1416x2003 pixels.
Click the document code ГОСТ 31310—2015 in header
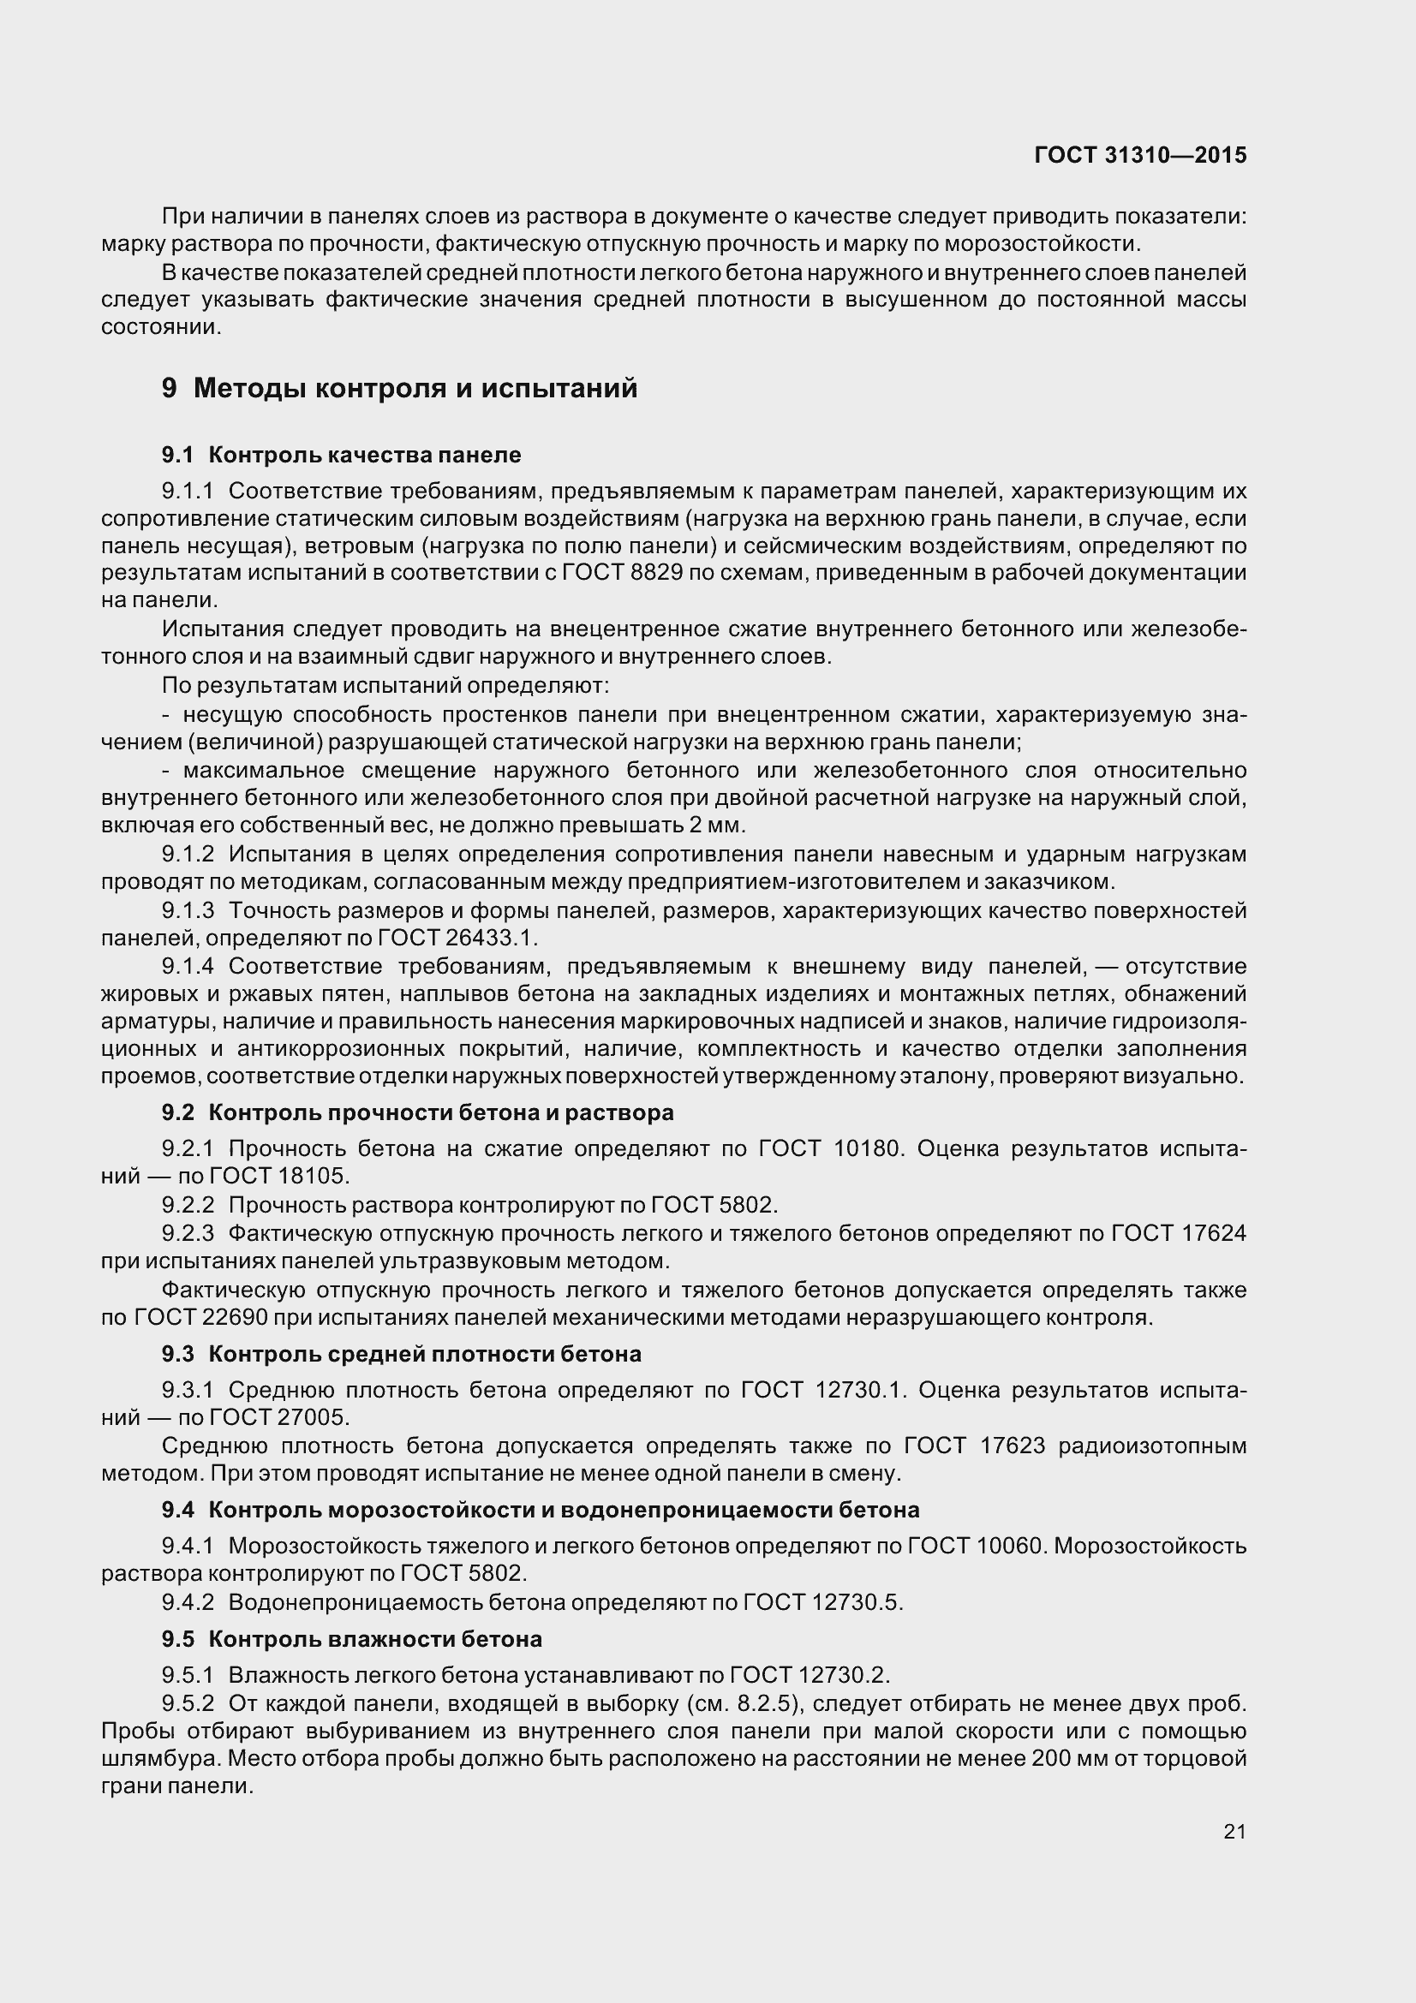point(1139,155)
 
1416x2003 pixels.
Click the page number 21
point(1234,1831)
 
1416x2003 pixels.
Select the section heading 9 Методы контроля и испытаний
point(399,388)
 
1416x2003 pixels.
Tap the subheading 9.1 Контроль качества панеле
point(341,455)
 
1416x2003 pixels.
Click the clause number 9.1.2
point(188,854)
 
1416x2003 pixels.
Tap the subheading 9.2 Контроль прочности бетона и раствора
point(417,1113)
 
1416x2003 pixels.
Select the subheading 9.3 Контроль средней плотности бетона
point(402,1354)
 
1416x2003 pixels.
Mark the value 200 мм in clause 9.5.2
point(1057,1759)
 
